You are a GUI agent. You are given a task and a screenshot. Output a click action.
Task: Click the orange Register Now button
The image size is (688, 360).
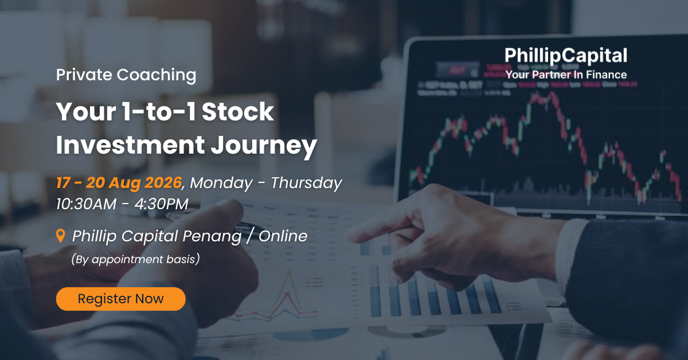click(121, 299)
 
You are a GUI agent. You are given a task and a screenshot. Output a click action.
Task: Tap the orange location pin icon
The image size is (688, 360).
click(61, 236)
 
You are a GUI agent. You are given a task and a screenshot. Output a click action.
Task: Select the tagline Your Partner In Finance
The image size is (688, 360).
click(566, 75)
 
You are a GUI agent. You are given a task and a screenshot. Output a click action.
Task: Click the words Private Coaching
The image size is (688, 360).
click(126, 75)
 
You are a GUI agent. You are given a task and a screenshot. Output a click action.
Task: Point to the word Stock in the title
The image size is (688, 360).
click(238, 112)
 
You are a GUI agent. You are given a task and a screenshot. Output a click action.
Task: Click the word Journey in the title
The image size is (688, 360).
click(264, 146)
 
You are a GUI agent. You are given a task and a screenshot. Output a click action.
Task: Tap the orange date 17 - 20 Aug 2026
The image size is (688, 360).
click(119, 183)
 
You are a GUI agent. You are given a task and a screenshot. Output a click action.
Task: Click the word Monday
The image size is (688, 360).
click(221, 183)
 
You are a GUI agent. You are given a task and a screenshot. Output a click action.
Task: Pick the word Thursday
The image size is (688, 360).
click(306, 183)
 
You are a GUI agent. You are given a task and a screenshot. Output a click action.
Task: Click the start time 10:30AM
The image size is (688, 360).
click(87, 204)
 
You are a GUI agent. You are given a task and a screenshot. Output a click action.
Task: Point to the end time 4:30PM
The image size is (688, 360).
click(161, 204)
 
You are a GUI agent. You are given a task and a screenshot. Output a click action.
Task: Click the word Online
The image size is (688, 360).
click(283, 236)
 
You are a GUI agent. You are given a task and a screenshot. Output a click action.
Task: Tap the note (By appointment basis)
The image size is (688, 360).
click(135, 259)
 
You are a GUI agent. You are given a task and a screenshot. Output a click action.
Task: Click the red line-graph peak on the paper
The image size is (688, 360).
click(287, 294)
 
